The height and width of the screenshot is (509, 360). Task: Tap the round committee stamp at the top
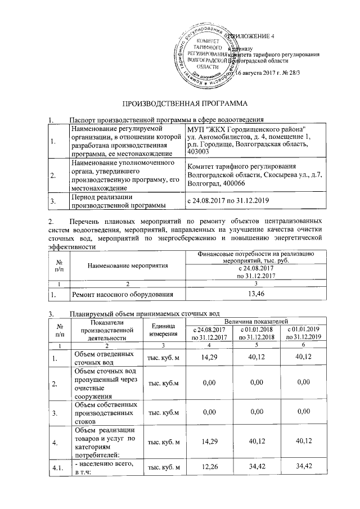(x=206, y=55)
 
